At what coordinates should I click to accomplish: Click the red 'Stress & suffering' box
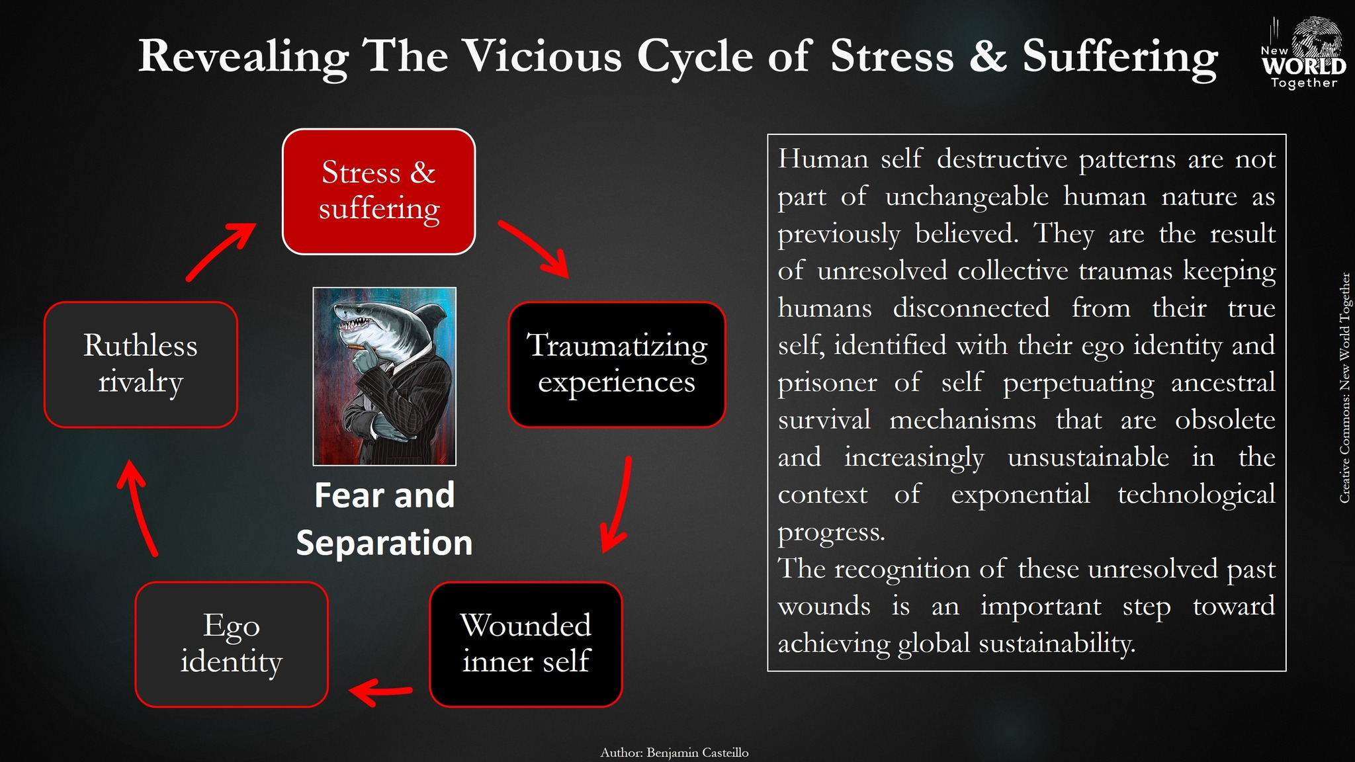click(378, 191)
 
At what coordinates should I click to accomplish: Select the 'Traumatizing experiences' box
click(617, 364)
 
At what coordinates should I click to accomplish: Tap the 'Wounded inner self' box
click(526, 644)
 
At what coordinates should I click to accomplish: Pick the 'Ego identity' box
click(232, 644)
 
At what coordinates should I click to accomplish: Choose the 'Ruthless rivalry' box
click(140, 364)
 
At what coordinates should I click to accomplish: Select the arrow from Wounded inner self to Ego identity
click(380, 692)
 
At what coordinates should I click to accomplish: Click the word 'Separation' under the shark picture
click(384, 543)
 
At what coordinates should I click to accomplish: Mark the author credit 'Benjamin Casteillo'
click(697, 753)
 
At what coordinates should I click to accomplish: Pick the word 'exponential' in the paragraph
click(1020, 494)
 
